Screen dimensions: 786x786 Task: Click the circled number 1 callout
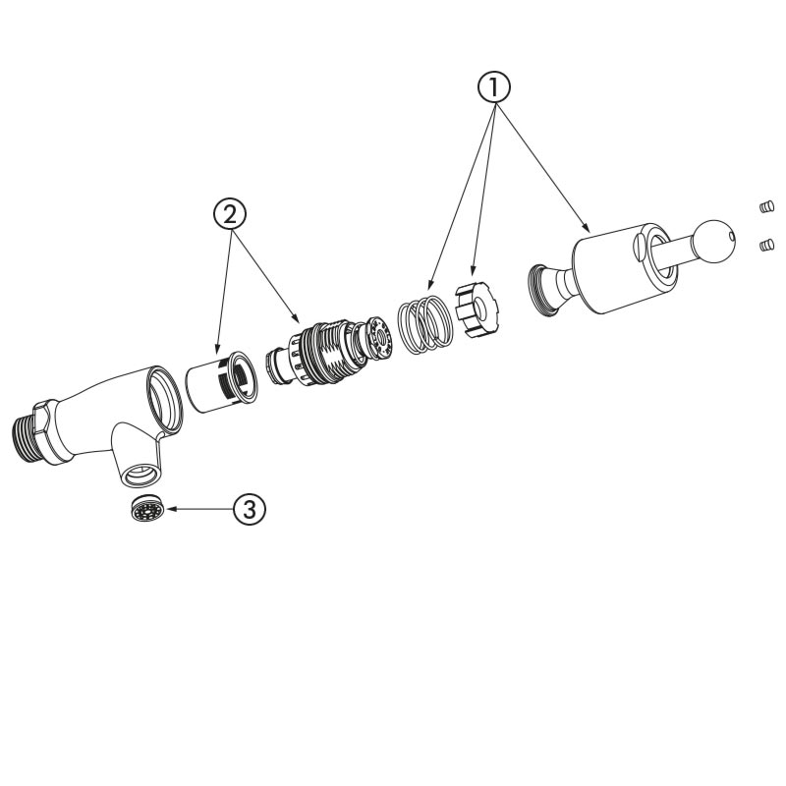tap(493, 87)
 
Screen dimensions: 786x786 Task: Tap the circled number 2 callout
tap(230, 215)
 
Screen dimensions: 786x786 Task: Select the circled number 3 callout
tap(250, 509)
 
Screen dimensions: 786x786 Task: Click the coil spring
tap(425, 324)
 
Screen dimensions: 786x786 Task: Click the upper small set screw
tap(766, 206)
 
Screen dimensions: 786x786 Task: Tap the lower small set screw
tap(767, 245)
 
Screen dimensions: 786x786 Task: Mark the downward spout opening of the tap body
tap(141, 476)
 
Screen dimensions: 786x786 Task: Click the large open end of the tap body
tap(165, 400)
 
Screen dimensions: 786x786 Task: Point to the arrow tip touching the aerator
tap(168, 509)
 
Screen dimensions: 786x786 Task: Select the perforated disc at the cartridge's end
tap(383, 336)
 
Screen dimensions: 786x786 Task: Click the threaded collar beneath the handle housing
tap(543, 291)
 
